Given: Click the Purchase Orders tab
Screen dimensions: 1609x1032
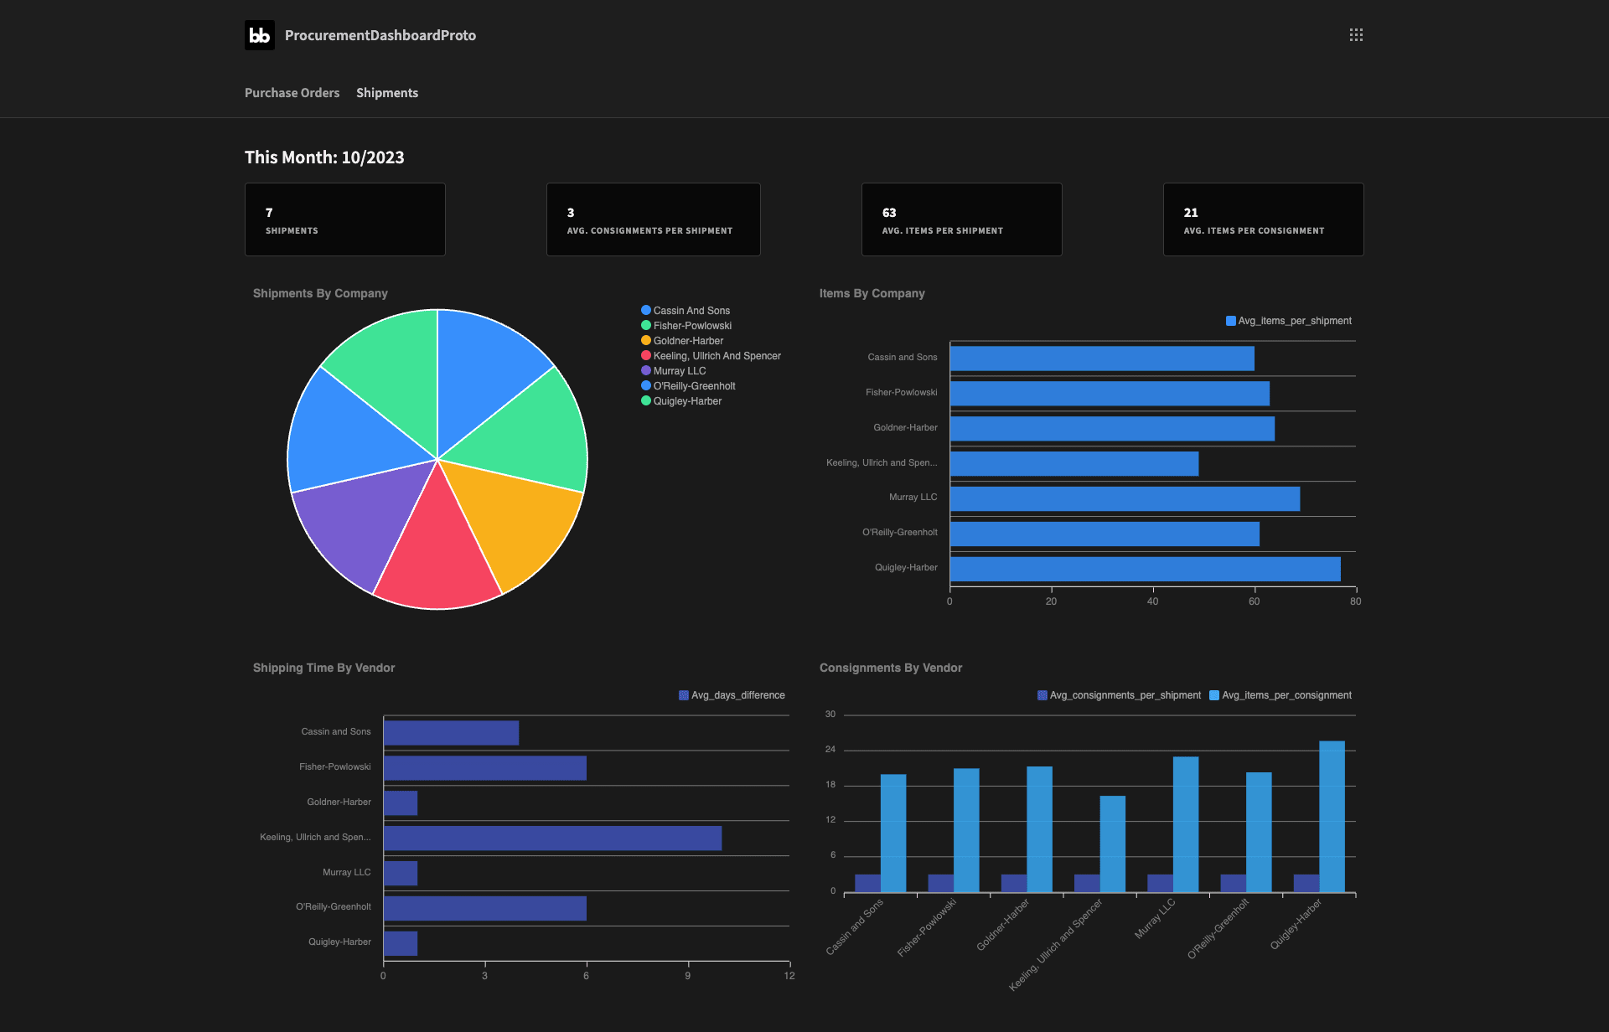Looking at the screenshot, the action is click(292, 93).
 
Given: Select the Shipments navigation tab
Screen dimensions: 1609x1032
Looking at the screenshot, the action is click(387, 93).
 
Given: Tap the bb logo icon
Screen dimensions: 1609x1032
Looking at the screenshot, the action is click(260, 35).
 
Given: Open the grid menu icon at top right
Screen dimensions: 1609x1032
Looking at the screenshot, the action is click(1356, 35).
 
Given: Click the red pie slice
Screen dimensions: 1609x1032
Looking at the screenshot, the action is click(437, 553).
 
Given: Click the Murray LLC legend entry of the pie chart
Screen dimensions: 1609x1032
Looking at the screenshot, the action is click(674, 371).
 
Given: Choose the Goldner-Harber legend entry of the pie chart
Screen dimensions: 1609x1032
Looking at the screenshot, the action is click(682, 341).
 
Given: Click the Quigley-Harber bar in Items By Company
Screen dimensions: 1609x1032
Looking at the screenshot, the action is click(1145, 570).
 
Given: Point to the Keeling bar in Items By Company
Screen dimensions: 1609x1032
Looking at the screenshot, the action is click(1074, 464).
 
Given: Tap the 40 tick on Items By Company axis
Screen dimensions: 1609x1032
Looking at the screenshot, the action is click(1153, 601).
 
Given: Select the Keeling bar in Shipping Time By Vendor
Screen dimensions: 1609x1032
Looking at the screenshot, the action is click(553, 838).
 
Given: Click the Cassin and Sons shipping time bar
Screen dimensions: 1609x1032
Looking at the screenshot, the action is click(452, 733).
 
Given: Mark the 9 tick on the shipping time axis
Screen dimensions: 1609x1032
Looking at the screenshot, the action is click(688, 976).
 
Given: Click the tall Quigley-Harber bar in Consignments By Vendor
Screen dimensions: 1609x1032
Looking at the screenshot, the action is click(1332, 817).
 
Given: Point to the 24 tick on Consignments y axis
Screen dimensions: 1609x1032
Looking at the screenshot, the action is click(830, 750).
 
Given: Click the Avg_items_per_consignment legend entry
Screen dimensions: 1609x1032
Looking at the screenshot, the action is click(1280, 695).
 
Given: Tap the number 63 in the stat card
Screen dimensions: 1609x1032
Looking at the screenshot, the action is click(889, 213).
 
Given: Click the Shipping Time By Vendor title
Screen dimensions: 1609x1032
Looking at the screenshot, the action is click(323, 668).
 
